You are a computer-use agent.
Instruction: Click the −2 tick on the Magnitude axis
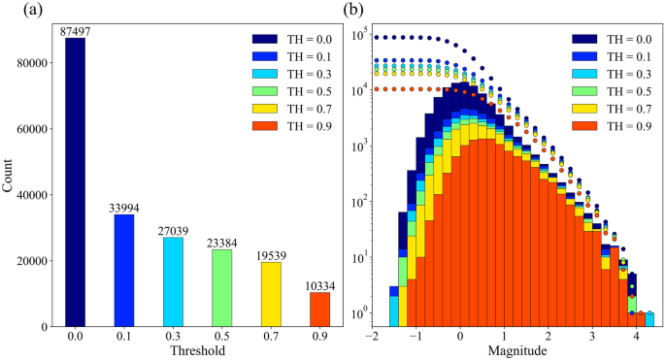click(x=371, y=336)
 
